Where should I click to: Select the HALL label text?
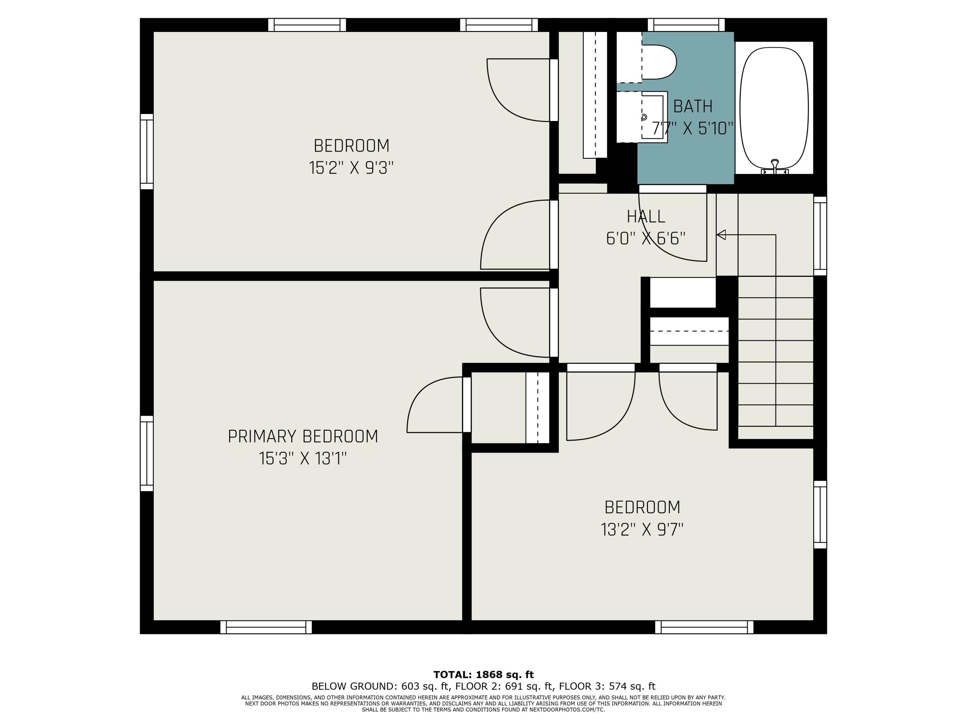(646, 216)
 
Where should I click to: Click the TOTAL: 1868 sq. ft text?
(484, 674)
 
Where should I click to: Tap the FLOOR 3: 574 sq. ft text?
(607, 686)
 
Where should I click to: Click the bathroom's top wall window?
(686, 25)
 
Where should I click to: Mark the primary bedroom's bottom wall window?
(266, 627)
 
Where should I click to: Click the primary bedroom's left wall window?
(147, 453)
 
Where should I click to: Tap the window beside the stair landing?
(820, 236)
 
